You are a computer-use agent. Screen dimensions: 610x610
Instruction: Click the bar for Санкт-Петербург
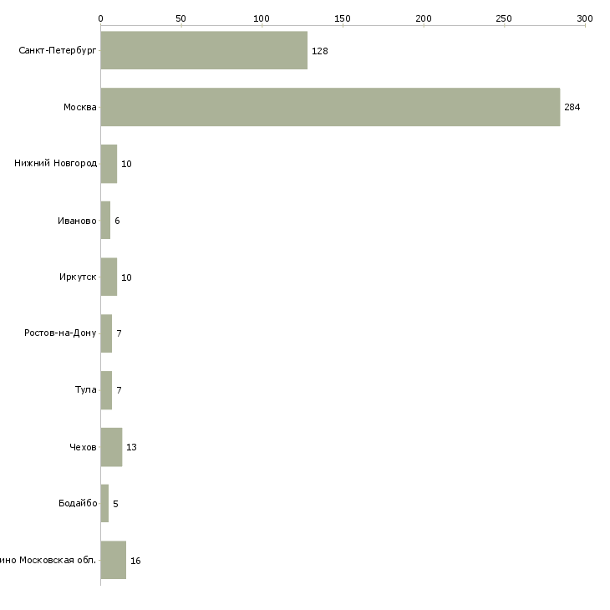coord(204,50)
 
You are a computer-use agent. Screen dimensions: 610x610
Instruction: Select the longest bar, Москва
coord(330,107)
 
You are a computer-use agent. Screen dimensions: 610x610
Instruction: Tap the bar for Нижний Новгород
coord(109,164)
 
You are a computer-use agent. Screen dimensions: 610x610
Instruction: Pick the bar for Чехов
coord(111,447)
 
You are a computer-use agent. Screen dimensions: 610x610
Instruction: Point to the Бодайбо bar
coord(104,504)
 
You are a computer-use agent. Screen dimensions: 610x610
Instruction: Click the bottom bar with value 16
coord(113,560)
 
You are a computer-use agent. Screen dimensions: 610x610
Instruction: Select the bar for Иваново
coord(105,221)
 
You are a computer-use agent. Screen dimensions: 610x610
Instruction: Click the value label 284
coord(572,108)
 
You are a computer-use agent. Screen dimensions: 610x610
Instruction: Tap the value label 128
coord(319,51)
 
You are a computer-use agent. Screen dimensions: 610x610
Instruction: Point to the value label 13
coord(131,448)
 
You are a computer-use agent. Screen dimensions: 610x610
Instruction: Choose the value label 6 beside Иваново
coord(117,221)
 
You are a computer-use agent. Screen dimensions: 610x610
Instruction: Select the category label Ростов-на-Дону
coord(61,333)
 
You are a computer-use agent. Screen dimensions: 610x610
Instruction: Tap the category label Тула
coord(85,390)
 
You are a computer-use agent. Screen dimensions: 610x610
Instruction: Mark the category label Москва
coord(80,108)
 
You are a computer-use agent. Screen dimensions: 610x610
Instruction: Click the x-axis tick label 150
coord(343,18)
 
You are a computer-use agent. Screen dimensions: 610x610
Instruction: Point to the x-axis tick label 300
coord(584,18)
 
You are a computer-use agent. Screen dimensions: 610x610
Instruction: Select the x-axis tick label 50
coord(180,18)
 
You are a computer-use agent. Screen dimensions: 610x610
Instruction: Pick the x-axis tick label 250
coord(504,18)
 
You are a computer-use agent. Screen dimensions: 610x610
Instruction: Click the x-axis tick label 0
coord(100,18)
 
